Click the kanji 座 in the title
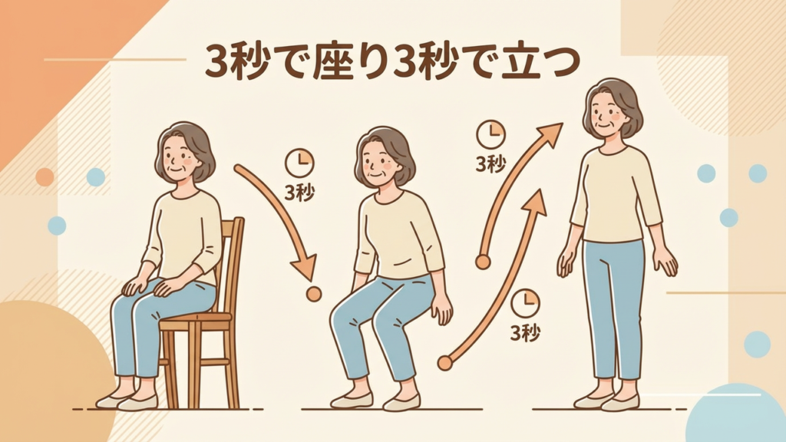coord(333,63)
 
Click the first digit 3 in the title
coord(216,63)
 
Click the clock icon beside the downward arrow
coord(299,163)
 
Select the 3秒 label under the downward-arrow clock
coord(299,193)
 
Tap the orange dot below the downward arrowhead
coord(314,294)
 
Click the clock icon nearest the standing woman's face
coord(490,134)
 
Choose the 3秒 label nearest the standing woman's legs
coord(525,332)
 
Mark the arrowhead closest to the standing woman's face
coord(549,134)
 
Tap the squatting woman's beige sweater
coord(398,236)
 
